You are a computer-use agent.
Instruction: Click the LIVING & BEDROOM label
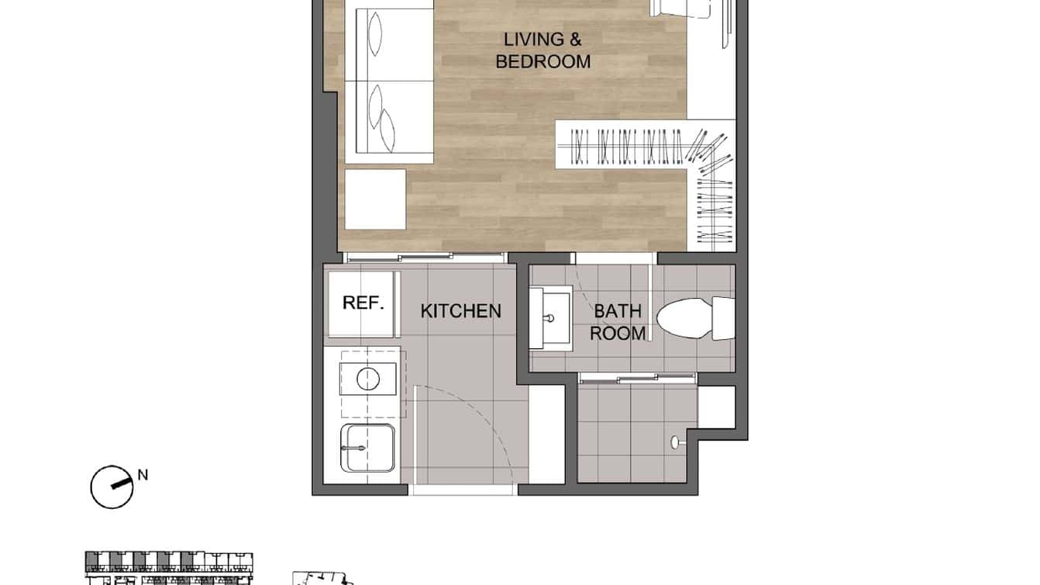[x=542, y=50]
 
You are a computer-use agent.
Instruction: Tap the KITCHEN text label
[x=460, y=311]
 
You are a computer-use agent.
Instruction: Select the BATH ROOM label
[x=618, y=322]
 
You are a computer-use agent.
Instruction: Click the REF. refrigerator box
[x=363, y=303]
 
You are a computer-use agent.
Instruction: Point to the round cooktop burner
[x=367, y=379]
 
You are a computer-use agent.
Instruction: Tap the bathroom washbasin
[x=550, y=317]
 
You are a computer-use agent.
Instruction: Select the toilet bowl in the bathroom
[x=686, y=318]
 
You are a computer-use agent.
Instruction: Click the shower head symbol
[x=675, y=441]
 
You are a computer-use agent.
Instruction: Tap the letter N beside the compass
[x=142, y=475]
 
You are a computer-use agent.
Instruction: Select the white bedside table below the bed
[x=375, y=199]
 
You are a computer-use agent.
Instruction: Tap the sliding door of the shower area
[x=638, y=378]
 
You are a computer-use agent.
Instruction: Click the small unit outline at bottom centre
[x=322, y=578]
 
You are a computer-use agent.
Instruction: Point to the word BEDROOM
[x=542, y=61]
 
